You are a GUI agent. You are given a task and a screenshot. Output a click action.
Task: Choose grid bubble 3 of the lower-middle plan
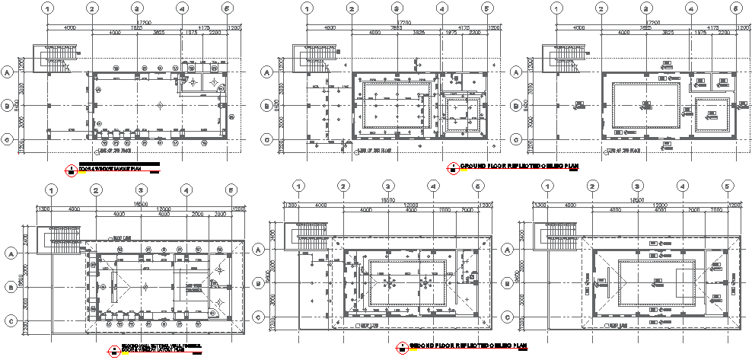click(388, 186)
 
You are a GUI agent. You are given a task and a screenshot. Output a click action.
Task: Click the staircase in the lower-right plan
click(559, 235)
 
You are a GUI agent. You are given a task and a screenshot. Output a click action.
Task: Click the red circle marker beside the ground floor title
click(452, 166)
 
